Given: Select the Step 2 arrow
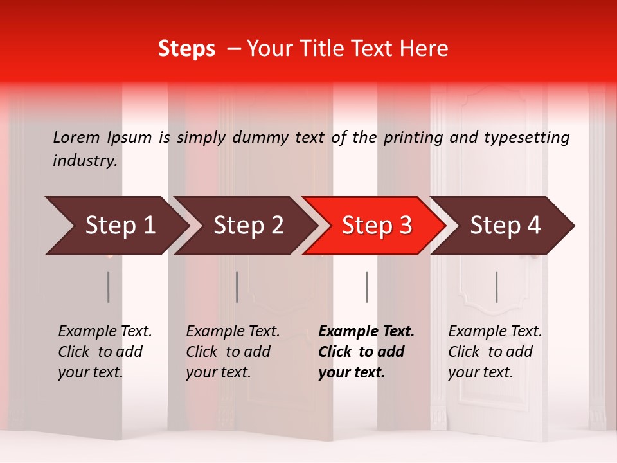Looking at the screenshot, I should pos(247,226).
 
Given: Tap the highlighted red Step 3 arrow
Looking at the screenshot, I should pos(376,226).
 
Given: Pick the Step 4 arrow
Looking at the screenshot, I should pos(505,226).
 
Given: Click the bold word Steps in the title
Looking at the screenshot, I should pos(186,49).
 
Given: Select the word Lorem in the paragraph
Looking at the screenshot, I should pos(76,137).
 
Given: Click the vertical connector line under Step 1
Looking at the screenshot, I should pos(109,287).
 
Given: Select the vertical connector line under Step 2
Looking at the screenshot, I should pos(237,287).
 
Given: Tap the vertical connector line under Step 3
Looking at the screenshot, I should pos(366,287).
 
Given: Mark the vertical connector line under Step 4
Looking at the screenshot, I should pos(496,287).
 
